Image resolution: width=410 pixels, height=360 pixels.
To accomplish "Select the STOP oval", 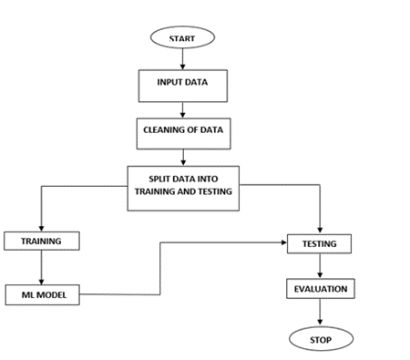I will [320, 339].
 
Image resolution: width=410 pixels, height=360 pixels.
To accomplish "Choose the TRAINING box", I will [40, 242].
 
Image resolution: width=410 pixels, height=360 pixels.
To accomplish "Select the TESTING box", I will [319, 244].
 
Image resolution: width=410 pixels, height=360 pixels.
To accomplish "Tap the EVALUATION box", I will [319, 289].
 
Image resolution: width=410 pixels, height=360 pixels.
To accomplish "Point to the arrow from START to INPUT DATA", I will [183, 58].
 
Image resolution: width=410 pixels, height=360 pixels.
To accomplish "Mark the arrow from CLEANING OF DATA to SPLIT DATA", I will [183, 155].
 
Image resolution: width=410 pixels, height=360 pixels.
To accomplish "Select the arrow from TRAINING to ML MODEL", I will [40, 268].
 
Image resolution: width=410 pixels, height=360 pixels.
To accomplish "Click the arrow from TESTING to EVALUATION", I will [319, 266].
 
